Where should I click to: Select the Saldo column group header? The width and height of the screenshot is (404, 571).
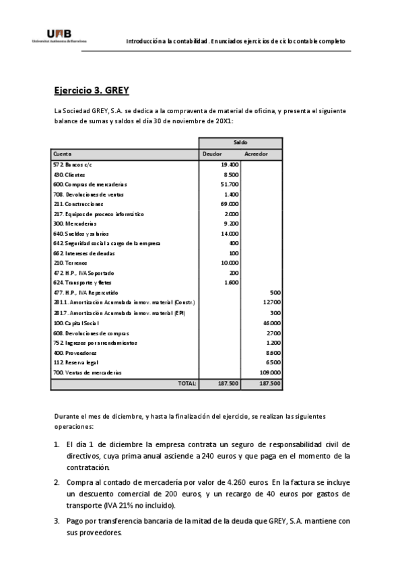[240, 143]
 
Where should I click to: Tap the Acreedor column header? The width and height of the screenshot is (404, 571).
[256, 154]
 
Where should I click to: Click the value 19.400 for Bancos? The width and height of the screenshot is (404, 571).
[230, 164]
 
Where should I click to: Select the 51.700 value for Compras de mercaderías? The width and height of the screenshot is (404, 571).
[230, 184]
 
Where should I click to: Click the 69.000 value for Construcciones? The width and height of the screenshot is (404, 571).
[230, 203]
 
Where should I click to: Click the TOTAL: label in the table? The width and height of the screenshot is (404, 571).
[187, 383]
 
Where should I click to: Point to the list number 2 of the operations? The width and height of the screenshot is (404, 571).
[57, 483]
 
